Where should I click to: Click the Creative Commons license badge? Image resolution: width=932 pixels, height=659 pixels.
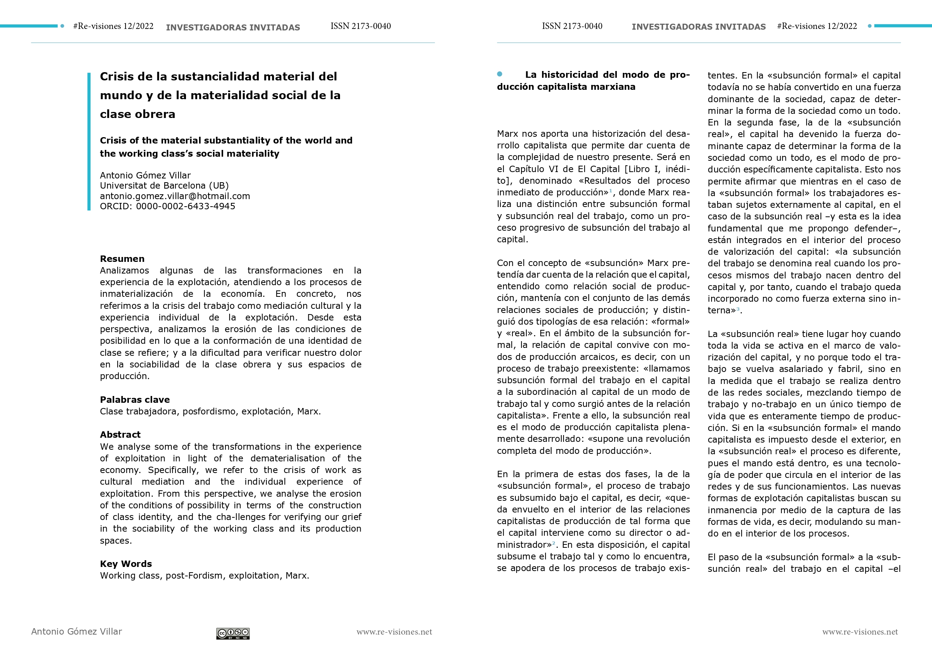pos(233,633)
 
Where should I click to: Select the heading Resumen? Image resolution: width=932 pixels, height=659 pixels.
pos(122,258)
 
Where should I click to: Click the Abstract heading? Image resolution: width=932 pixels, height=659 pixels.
pos(120,434)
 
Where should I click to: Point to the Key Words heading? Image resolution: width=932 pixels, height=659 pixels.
pos(126,564)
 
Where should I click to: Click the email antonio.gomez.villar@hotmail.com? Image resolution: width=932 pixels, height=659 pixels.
pos(175,196)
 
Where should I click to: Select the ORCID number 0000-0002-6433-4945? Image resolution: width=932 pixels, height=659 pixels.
pos(186,206)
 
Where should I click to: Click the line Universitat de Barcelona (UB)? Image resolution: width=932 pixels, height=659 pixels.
pos(165,186)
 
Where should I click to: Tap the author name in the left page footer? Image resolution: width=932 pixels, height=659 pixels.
pos(76,632)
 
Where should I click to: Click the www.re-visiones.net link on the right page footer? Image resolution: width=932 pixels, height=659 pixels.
pos(860,632)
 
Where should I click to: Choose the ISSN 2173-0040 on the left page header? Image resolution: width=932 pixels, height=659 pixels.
pos(361,26)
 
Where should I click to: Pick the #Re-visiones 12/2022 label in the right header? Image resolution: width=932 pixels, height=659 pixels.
pos(817,26)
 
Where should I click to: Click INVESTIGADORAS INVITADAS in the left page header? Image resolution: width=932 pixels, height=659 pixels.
pos(233,27)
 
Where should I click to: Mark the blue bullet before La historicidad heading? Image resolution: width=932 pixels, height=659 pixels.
pos(500,74)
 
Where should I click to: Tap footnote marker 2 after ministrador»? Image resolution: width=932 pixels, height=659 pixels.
pos(554,543)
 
